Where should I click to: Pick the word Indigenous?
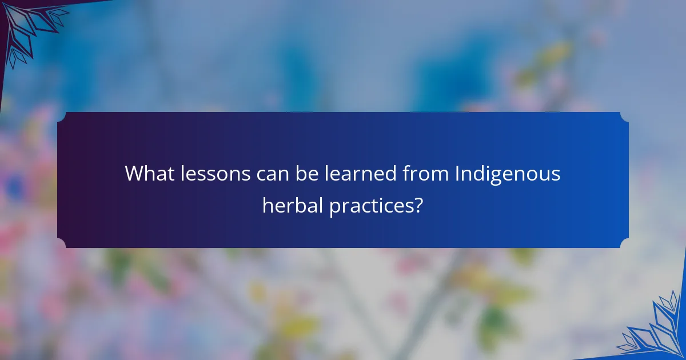[508, 173]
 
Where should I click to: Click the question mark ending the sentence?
[420, 205]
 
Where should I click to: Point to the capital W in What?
[134, 173]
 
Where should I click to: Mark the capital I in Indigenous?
[457, 173]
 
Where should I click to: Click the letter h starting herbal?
[267, 205]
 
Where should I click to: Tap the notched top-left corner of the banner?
[61, 115]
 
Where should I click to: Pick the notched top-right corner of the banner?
[625, 115]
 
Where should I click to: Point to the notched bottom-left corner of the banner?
[61, 244]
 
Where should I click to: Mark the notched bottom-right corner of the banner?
[625, 244]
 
